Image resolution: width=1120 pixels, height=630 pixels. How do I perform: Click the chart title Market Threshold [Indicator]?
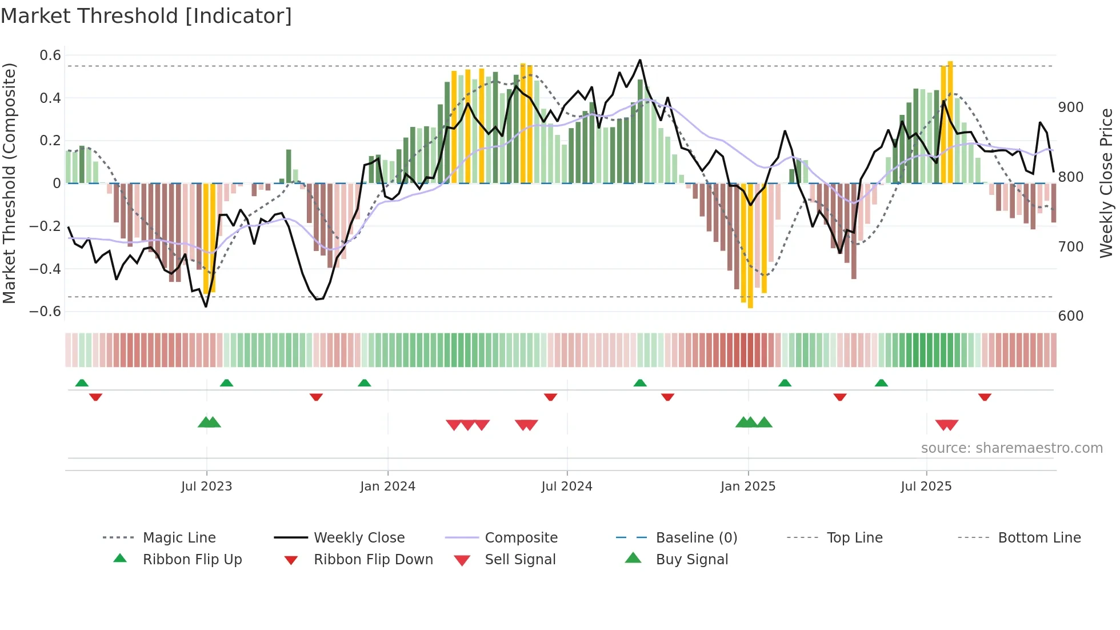(146, 16)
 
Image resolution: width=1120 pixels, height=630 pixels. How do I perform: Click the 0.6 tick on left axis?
(50, 55)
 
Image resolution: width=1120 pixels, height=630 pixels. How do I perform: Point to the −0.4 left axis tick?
(45, 269)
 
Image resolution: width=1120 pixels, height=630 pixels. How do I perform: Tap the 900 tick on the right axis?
(1071, 107)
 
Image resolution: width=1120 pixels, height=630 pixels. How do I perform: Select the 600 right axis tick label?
(1071, 316)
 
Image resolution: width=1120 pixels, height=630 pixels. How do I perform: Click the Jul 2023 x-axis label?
(206, 487)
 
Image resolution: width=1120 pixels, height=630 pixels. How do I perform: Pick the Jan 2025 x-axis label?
(747, 487)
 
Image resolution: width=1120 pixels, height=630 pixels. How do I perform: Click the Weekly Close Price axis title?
(1106, 183)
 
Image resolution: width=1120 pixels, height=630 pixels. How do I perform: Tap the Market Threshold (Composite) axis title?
(9, 183)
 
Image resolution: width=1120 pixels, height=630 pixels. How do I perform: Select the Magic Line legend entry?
(179, 538)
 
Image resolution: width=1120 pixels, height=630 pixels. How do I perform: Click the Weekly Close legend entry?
(359, 538)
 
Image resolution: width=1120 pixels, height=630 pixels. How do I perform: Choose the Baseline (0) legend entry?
(696, 538)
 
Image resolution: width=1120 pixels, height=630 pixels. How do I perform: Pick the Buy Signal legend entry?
(691, 560)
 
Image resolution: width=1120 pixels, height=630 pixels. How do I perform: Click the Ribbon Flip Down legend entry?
(373, 560)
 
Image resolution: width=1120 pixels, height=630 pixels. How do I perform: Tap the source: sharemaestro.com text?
(1011, 448)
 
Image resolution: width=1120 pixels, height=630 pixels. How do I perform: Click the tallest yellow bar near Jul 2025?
(950, 123)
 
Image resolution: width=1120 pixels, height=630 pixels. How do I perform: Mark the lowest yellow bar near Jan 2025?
(750, 246)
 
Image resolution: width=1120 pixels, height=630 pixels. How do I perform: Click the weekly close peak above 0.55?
(640, 60)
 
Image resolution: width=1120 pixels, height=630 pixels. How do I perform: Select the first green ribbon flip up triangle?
(82, 383)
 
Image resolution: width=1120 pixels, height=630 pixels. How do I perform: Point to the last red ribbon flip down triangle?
(985, 397)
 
